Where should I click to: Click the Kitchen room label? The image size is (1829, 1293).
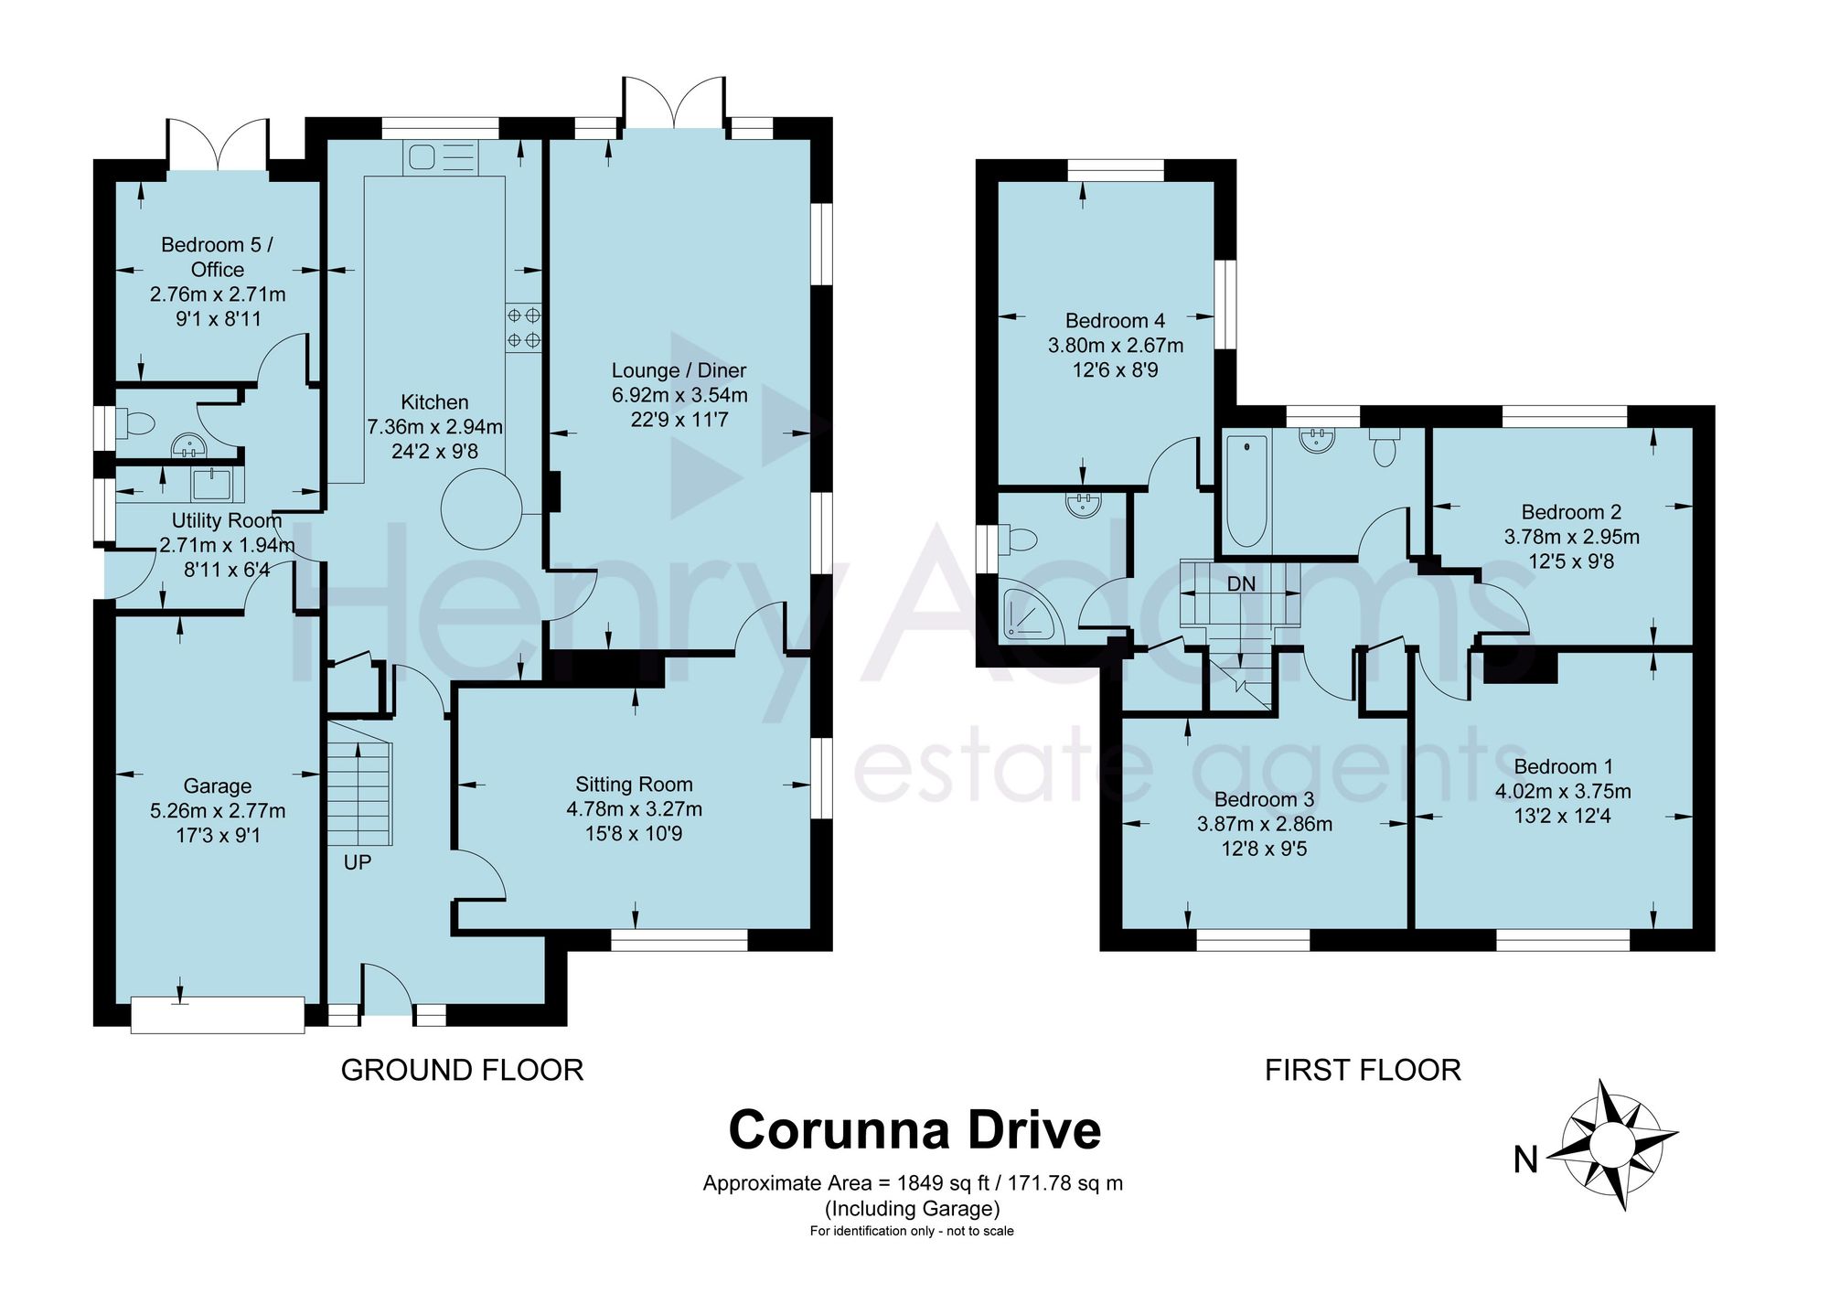coord(434,402)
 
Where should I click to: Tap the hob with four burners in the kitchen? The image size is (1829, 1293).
coord(524,327)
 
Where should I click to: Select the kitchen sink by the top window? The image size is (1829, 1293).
coord(440,158)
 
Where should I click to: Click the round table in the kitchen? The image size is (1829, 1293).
coord(482,508)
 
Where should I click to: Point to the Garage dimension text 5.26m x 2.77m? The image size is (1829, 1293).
coord(218,811)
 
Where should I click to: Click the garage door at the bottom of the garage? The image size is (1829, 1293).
coord(218,1015)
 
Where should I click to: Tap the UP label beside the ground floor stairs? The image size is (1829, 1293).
coord(358,862)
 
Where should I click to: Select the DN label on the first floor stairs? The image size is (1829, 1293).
coord(1241,583)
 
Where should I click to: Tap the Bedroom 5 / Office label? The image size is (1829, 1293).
coord(218,257)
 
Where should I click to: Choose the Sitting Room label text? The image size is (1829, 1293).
coord(634,785)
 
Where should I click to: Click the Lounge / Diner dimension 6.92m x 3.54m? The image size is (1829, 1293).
coord(679,396)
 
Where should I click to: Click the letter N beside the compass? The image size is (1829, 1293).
coord(1525,1159)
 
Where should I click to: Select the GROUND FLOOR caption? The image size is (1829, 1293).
coord(462,1070)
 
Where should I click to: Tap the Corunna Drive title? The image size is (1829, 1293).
coord(914,1130)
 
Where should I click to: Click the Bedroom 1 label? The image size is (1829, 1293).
coord(1563,767)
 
